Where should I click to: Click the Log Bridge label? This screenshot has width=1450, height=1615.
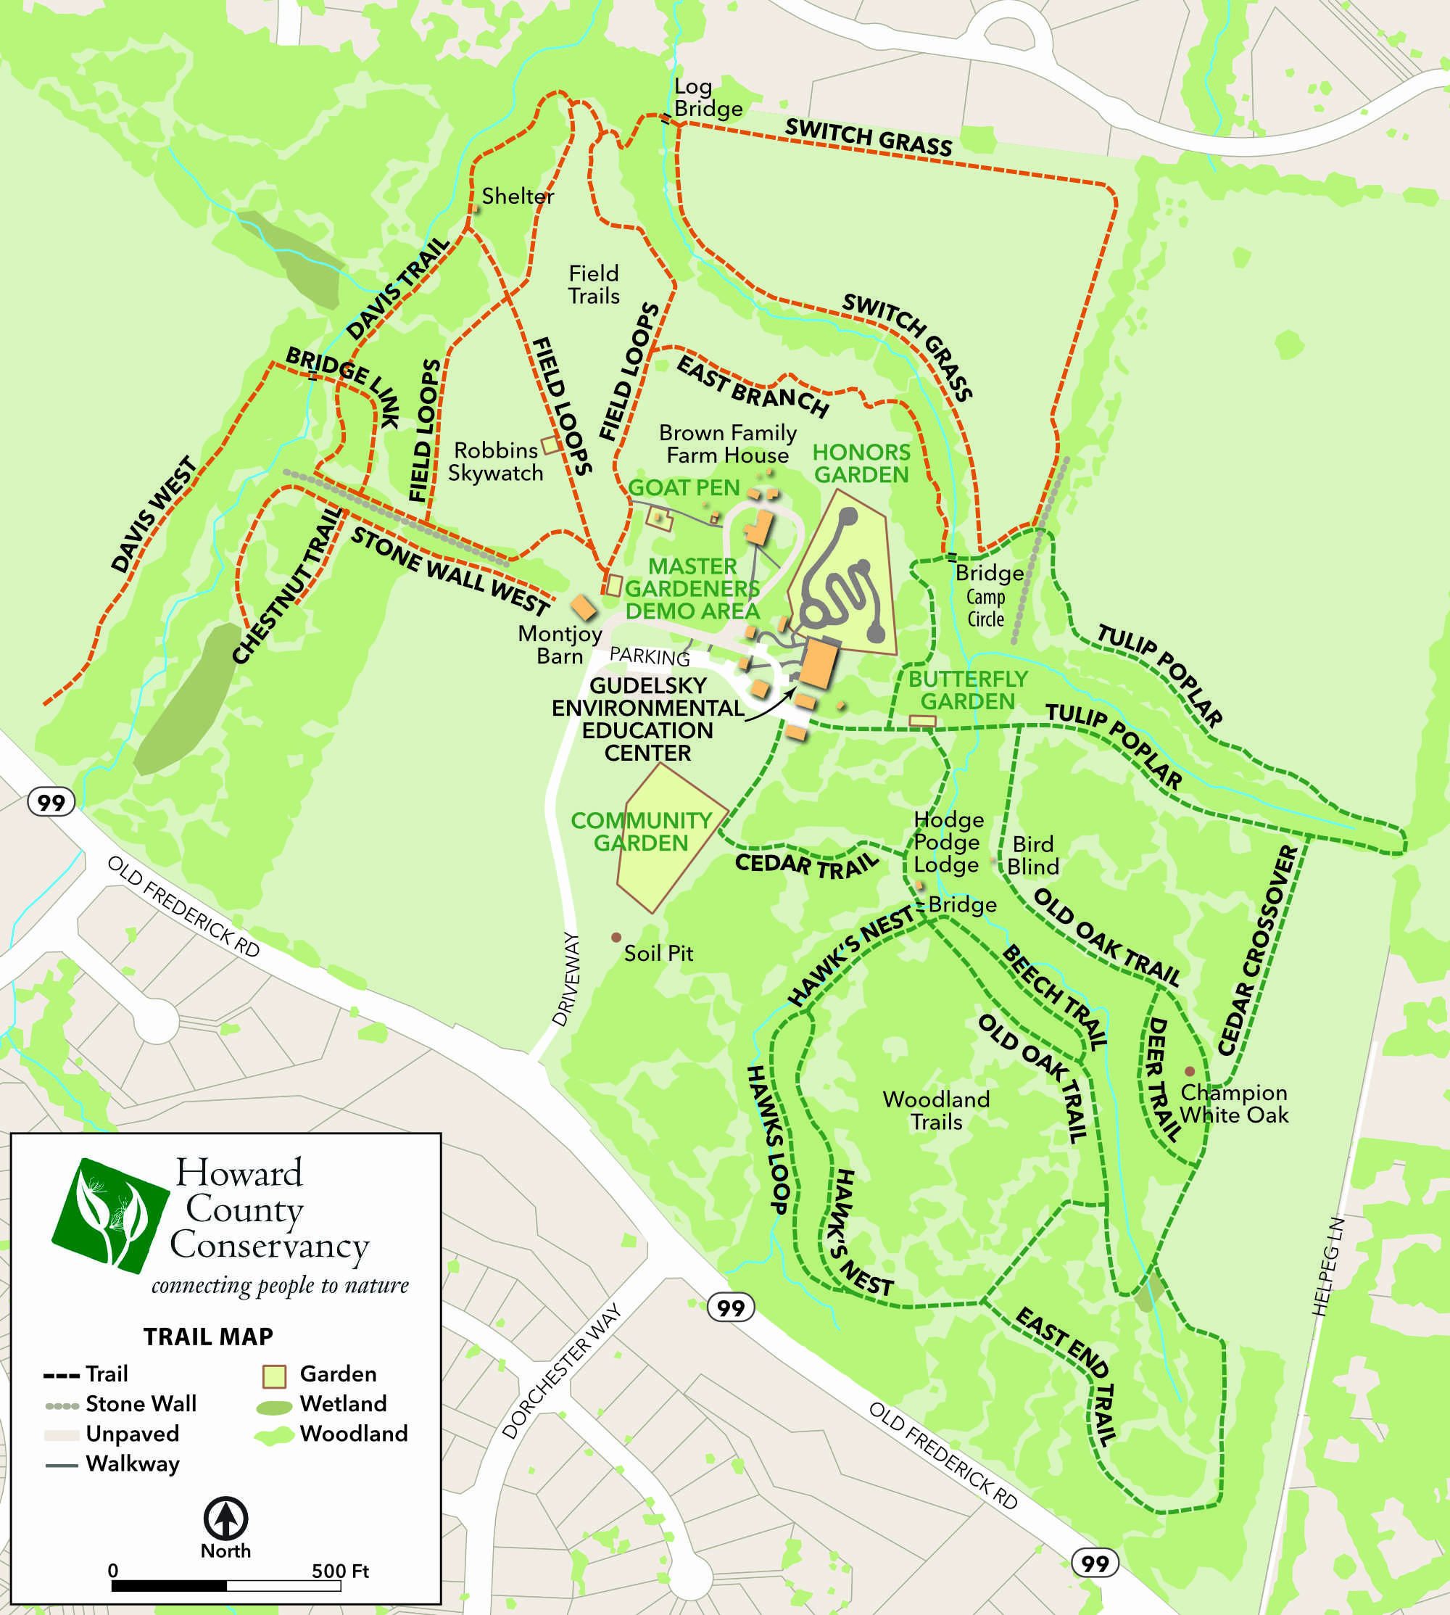708,97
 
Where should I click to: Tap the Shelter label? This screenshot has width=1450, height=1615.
517,196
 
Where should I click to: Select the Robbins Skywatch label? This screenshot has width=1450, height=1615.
496,461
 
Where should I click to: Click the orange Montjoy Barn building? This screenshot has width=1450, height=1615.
583,607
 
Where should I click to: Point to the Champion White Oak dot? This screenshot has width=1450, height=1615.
1190,1072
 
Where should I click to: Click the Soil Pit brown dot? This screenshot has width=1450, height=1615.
616,938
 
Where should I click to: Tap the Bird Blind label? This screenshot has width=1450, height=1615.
1032,855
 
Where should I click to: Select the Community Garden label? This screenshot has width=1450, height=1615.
642,831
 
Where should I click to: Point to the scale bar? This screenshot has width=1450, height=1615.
226,1585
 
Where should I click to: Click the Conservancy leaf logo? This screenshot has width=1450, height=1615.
110,1215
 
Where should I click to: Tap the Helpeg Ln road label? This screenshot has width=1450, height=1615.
1327,1266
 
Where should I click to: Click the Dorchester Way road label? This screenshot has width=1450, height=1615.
562,1371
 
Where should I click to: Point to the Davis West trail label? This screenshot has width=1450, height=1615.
153,515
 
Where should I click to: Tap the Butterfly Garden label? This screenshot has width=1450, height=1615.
967,690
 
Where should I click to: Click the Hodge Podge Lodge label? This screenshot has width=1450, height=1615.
948,842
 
